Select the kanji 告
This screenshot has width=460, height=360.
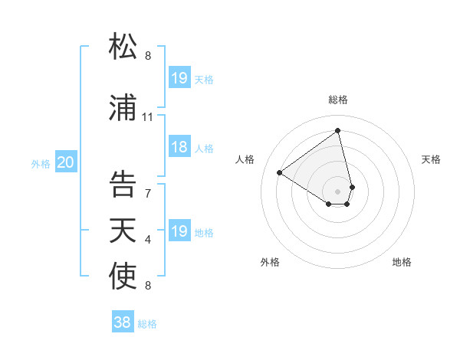123,184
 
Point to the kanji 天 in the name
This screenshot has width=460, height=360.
123,230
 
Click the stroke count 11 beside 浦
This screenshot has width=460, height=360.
148,117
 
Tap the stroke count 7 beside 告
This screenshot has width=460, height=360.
148,193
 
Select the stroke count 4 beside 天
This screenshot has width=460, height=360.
148,240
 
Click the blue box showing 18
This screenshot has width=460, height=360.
179,148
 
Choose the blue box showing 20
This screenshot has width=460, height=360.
66,162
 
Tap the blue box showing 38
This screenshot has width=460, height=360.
123,322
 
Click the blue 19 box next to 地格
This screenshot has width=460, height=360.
179,231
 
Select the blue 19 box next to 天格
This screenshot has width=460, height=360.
179,78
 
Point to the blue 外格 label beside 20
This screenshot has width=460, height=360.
41,163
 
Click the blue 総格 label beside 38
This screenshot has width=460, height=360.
147,324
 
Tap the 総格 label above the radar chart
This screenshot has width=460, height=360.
338,100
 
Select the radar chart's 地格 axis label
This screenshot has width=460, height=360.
402,262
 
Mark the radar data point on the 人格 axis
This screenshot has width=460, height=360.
280,173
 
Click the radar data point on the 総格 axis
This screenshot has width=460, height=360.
338,130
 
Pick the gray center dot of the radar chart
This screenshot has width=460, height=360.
338,191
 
